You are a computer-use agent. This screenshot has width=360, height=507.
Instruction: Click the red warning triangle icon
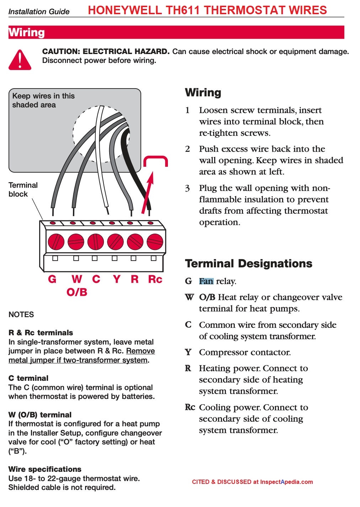[20, 60]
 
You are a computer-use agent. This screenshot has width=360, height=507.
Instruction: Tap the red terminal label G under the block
[52, 279]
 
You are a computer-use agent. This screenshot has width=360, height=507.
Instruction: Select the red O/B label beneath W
[77, 292]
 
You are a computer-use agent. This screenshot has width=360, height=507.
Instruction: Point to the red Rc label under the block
[155, 279]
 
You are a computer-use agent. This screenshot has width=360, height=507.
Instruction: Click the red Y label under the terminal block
[116, 279]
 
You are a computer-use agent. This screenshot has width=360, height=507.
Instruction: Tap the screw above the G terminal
[56, 242]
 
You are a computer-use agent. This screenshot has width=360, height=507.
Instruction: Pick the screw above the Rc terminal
[155, 242]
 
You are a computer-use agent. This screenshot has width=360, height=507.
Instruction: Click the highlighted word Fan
[206, 281]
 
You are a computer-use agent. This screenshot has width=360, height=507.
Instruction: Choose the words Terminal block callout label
[23, 190]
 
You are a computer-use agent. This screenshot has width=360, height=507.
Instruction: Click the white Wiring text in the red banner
[27, 32]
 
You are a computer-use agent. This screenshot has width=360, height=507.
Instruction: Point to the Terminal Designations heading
[249, 263]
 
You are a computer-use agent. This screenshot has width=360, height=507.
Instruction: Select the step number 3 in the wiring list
[187, 188]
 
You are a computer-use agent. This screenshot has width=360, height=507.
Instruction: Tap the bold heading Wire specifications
[45, 469]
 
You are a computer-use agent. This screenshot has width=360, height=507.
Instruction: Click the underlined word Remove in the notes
[141, 351]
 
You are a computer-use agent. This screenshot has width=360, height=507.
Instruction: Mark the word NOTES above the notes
[21, 315]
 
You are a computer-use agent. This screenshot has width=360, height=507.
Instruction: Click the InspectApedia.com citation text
[252, 482]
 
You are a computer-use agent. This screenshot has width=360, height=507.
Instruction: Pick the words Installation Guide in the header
[39, 12]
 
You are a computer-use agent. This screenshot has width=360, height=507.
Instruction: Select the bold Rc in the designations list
[190, 407]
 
